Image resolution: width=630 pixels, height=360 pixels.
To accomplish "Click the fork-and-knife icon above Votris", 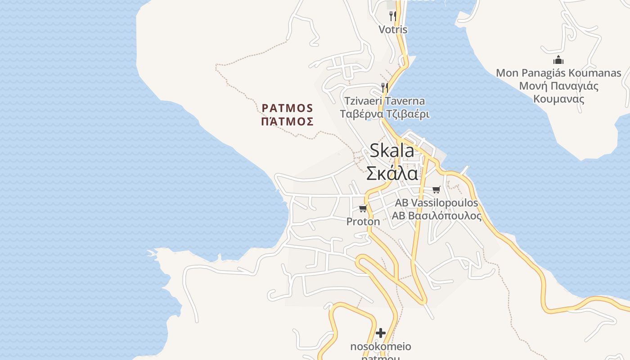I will click(393, 16).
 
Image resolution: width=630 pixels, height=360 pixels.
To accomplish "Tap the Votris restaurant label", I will click(393, 30).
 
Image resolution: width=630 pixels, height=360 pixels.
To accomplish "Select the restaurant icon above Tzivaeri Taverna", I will click(385, 87).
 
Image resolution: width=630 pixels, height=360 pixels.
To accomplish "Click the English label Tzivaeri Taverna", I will click(385, 101).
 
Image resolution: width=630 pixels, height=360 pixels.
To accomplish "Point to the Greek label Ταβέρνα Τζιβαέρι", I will click(385, 114).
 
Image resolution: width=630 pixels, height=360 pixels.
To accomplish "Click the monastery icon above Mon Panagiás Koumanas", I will click(558, 60).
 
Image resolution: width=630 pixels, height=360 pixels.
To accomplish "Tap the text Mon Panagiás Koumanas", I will click(558, 73).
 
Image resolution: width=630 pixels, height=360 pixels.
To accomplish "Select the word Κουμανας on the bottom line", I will click(558, 99).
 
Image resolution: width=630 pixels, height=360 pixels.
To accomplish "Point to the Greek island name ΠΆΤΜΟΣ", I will click(288, 121).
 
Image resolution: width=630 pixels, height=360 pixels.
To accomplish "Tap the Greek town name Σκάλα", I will click(392, 173).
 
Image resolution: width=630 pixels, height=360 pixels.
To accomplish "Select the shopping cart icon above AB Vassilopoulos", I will click(436, 189).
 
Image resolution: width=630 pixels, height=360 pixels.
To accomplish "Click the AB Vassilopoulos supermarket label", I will click(436, 203).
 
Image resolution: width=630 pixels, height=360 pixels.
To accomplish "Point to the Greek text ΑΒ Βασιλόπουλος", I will click(436, 216).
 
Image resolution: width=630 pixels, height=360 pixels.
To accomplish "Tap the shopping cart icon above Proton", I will click(363, 208).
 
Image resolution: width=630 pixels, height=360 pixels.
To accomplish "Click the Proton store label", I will click(363, 221).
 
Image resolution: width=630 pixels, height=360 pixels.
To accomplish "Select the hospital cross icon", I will click(381, 333).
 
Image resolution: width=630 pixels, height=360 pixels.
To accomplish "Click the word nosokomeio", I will click(381, 346).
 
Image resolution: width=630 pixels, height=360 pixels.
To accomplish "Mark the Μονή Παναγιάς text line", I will click(558, 86).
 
